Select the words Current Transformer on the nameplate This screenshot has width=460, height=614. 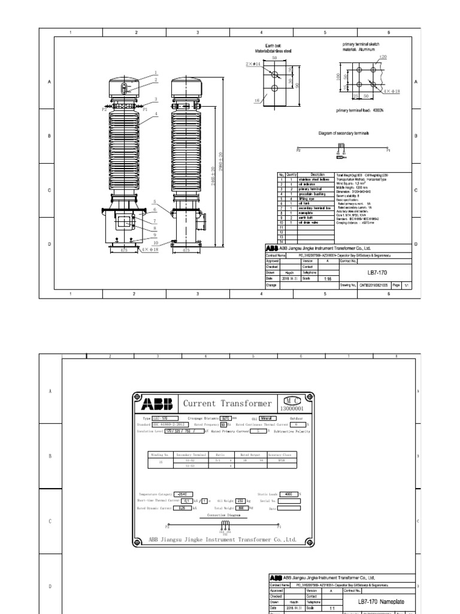(227, 404)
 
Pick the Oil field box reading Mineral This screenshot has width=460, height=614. (267, 418)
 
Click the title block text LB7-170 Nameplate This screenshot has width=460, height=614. (381, 601)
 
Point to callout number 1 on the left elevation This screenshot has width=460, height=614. (155, 72)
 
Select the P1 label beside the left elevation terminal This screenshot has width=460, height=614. (144, 110)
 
